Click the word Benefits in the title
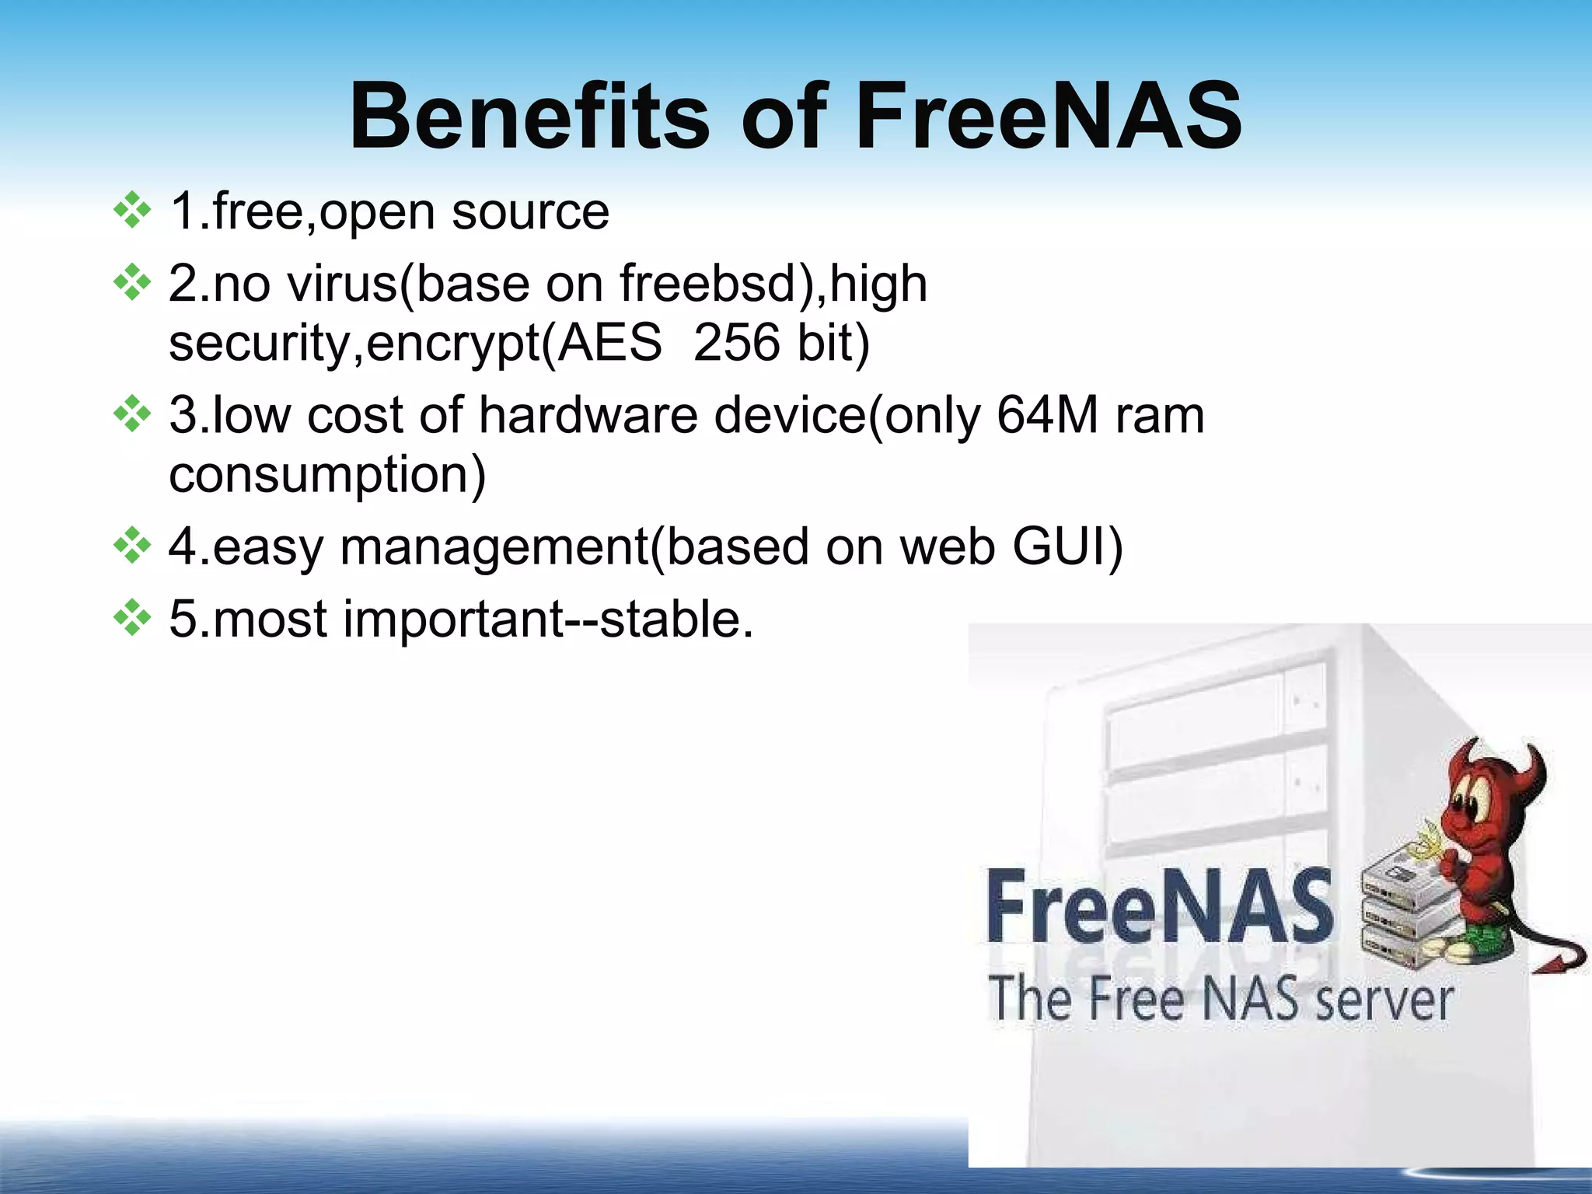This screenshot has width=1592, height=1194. click(529, 117)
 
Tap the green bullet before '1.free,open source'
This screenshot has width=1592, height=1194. click(132, 210)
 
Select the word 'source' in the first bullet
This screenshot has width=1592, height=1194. click(530, 211)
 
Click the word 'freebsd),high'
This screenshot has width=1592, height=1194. click(773, 283)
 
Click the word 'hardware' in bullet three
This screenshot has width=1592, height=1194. click(588, 414)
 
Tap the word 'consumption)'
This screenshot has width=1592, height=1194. click(327, 475)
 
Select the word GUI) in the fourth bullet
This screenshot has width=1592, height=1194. click(1067, 546)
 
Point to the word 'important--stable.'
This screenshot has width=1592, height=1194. click(548, 620)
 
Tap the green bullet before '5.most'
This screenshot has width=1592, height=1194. click(132, 618)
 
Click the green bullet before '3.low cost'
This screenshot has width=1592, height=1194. click(132, 414)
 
